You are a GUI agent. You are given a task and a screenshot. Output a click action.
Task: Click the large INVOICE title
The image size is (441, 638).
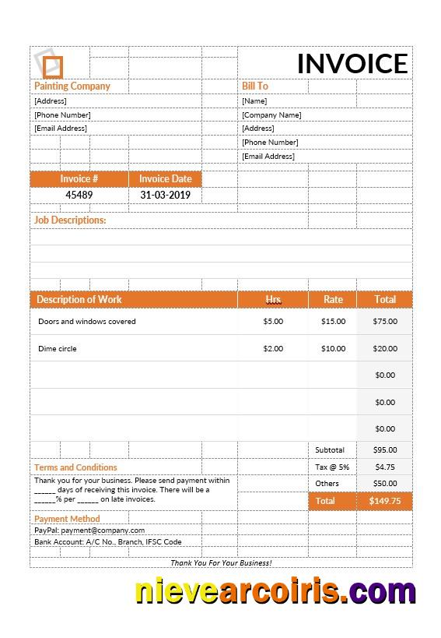[x=352, y=64]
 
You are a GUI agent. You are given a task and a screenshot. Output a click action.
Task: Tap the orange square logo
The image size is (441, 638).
[x=51, y=65]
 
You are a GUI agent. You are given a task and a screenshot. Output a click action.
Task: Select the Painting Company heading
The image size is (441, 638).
[x=72, y=86]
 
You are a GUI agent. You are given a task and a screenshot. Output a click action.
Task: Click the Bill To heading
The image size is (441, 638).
[x=255, y=86]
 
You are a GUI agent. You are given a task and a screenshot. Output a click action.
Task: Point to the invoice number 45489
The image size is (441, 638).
[x=79, y=196]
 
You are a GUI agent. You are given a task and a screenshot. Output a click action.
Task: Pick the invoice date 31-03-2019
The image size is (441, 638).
[x=165, y=196]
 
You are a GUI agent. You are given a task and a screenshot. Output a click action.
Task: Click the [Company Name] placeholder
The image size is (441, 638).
[x=271, y=115]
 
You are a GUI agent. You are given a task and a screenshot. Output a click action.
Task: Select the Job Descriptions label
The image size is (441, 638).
[x=70, y=220]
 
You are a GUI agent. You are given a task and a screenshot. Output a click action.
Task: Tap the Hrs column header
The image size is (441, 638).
[x=273, y=299]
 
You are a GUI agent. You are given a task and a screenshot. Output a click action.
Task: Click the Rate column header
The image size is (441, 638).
[x=333, y=299]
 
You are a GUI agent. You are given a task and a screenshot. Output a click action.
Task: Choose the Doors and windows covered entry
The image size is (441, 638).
[x=87, y=322]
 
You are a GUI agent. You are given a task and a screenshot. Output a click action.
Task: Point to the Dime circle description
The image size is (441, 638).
[x=58, y=349]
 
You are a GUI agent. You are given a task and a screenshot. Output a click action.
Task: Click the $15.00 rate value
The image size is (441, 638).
[x=333, y=322]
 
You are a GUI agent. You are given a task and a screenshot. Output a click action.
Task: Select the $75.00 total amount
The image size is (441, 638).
[x=385, y=322]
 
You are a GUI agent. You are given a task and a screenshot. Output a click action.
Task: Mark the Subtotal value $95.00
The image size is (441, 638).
[x=385, y=450]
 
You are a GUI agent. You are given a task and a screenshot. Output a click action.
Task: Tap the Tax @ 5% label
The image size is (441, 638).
[x=332, y=467]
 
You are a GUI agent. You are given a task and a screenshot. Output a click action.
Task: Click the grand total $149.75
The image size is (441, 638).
[x=385, y=502]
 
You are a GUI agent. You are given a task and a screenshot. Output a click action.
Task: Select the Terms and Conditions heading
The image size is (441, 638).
[x=75, y=467]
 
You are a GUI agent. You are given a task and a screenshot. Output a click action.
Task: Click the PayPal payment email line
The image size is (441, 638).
[x=89, y=530]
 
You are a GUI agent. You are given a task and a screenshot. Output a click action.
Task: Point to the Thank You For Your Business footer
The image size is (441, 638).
[x=221, y=562]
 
